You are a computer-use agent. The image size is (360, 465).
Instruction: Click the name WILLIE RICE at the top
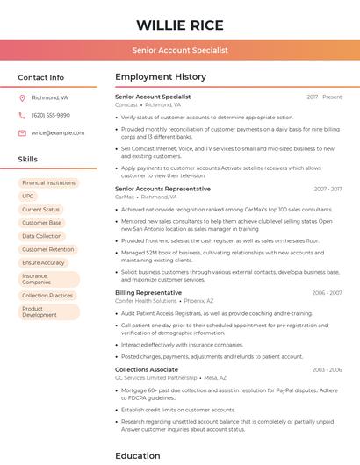(x=180, y=25)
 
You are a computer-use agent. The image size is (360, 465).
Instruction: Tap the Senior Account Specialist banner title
(x=180, y=50)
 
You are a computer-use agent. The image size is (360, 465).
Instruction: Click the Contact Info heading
(x=40, y=77)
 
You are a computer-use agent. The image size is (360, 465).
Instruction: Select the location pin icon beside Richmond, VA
(x=22, y=98)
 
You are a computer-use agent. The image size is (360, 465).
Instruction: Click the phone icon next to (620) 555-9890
(x=22, y=116)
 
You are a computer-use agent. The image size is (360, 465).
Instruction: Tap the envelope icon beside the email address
(x=22, y=133)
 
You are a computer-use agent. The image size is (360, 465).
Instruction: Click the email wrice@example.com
(x=58, y=133)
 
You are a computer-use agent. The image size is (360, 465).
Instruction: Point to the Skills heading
(x=28, y=160)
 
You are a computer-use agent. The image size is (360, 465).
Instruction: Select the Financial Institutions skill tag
(x=48, y=183)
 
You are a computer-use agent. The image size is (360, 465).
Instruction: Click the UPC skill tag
(x=28, y=197)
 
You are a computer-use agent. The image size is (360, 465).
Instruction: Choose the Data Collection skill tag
(x=42, y=236)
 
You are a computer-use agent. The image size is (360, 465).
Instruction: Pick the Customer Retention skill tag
(x=47, y=249)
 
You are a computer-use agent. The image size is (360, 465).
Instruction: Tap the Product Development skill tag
(x=39, y=311)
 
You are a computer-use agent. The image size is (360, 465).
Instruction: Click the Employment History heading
(x=161, y=77)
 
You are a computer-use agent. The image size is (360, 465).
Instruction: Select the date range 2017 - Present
(x=324, y=97)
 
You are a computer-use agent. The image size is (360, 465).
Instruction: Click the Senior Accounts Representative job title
(x=162, y=189)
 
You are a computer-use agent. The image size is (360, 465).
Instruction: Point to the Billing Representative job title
(x=148, y=292)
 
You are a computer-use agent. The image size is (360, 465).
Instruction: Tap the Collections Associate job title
(x=147, y=369)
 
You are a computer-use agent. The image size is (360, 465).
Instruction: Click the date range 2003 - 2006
(x=327, y=370)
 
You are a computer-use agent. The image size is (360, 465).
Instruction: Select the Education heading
(x=139, y=455)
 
